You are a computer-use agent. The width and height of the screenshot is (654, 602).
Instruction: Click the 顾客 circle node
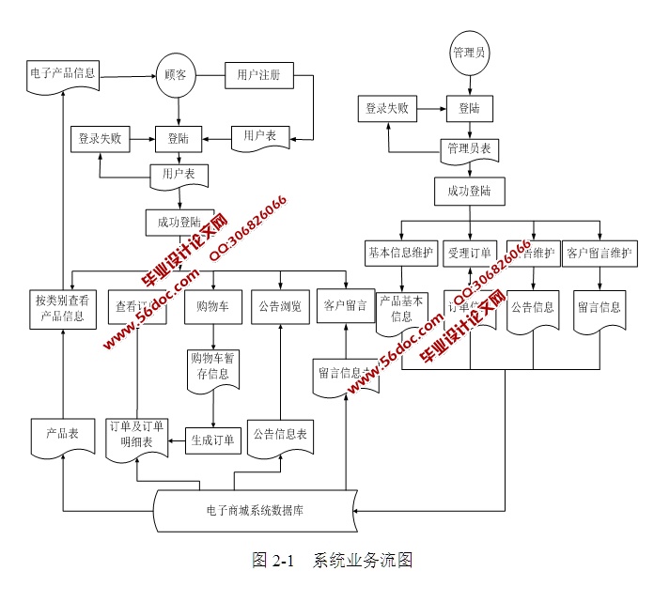click(x=176, y=74)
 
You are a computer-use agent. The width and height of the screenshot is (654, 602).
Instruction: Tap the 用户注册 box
click(x=258, y=74)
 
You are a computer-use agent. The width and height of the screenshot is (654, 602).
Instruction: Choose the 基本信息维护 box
click(x=400, y=252)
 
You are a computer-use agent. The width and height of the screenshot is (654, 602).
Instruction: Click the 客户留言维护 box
click(x=599, y=252)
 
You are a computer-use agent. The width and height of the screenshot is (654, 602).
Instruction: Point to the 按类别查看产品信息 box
click(x=61, y=308)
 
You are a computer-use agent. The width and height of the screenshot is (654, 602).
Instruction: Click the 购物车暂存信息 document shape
click(x=213, y=366)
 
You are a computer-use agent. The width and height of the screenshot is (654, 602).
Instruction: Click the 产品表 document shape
click(x=61, y=436)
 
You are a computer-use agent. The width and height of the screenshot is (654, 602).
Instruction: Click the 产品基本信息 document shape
click(x=401, y=310)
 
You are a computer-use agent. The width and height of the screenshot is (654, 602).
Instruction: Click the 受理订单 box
click(x=469, y=252)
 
